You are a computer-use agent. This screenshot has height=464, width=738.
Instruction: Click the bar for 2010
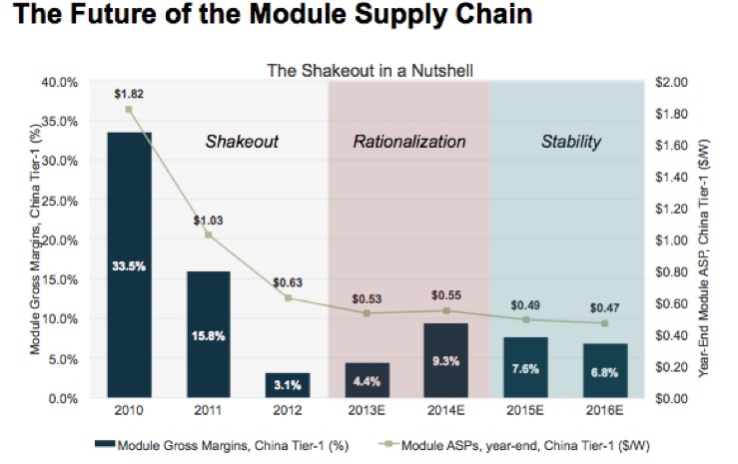pyautogui.click(x=129, y=264)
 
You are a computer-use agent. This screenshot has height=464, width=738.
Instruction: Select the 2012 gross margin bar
pyautogui.click(x=288, y=385)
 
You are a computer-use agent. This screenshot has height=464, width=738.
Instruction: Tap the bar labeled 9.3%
pyautogui.click(x=446, y=360)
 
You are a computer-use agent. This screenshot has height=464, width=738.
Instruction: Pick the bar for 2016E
pyautogui.click(x=604, y=370)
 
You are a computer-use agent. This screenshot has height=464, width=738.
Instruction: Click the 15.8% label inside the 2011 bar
pyautogui.click(x=208, y=335)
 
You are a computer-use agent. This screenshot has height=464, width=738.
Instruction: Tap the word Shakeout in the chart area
pyautogui.click(x=242, y=142)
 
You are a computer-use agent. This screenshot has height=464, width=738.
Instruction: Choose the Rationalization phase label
pyautogui.click(x=409, y=142)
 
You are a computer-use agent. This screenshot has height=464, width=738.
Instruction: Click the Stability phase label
pyautogui.click(x=570, y=142)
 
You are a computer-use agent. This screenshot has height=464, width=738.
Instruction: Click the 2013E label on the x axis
pyautogui.click(x=368, y=410)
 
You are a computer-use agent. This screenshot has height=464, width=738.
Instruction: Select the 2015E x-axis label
pyautogui.click(x=525, y=410)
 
